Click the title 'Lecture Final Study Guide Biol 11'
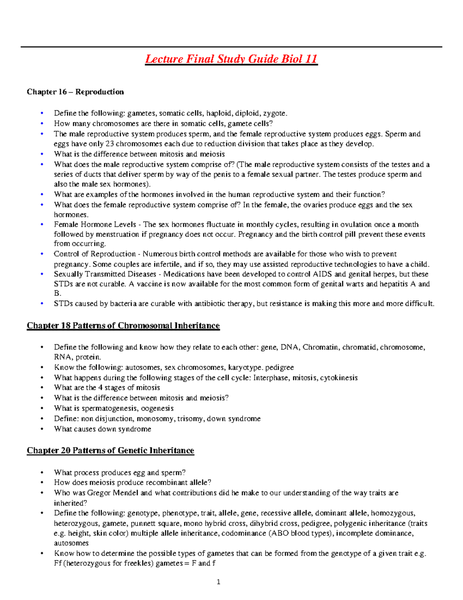click(x=231, y=59)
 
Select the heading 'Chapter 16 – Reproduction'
click(x=75, y=92)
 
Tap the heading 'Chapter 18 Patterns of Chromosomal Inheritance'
click(x=123, y=326)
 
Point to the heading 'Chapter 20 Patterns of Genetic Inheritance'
click(x=110, y=450)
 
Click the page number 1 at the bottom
click(x=218, y=582)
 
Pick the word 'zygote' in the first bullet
click(x=274, y=113)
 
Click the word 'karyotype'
click(x=245, y=367)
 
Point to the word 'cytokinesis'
click(x=338, y=377)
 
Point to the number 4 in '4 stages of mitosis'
click(x=100, y=388)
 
